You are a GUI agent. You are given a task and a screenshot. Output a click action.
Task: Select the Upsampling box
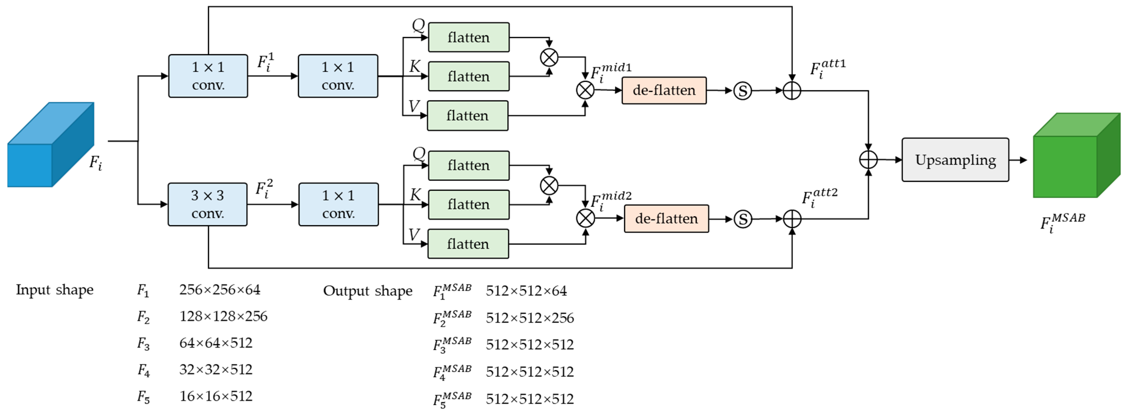[x=955, y=160]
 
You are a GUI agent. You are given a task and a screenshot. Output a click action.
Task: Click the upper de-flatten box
[x=663, y=91]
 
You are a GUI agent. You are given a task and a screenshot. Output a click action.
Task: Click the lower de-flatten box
[x=666, y=218]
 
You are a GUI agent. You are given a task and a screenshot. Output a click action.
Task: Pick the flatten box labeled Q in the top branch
[x=468, y=37]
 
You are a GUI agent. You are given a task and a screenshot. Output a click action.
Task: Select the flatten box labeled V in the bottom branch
[x=468, y=244]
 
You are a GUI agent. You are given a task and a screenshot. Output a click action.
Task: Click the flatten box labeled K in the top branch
[x=468, y=76]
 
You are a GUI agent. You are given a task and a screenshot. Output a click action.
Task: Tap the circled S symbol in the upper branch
[x=742, y=91]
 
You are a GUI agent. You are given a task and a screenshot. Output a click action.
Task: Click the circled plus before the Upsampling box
[x=868, y=160]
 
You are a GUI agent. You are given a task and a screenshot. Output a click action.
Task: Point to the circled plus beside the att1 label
[x=791, y=91]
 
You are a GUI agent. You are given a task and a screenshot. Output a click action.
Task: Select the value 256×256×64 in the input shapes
[x=220, y=290]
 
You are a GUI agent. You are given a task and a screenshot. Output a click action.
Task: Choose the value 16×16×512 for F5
[x=216, y=396]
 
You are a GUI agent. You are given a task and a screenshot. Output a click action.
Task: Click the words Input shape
[x=55, y=290]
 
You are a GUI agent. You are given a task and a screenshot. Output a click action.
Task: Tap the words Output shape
[x=367, y=291]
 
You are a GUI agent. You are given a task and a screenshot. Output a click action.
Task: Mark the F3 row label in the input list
[x=143, y=344]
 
